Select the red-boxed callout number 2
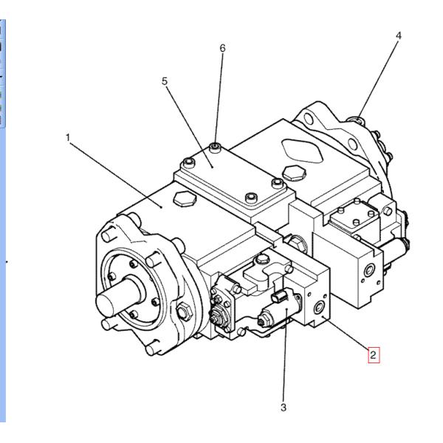(x=374, y=355)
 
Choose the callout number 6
(x=222, y=48)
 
